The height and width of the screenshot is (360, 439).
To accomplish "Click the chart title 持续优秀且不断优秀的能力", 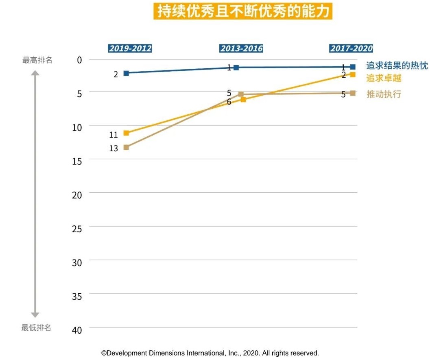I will click(x=242, y=12).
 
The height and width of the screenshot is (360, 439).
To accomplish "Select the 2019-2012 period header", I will click(x=130, y=49).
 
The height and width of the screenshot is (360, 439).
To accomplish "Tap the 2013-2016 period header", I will click(x=242, y=49).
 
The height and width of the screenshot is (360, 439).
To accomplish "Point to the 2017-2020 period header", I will click(x=351, y=49).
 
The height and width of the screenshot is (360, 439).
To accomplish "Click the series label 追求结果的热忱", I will click(x=397, y=65).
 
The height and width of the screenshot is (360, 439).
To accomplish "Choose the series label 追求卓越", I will click(x=384, y=78).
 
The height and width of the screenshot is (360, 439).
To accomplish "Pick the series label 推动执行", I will click(x=384, y=94).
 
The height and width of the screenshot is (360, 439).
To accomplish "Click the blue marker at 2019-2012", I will click(x=126, y=73).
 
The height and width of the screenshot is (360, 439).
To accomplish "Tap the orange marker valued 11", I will click(x=126, y=133).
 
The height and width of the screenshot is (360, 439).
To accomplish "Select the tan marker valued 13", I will click(x=126, y=147).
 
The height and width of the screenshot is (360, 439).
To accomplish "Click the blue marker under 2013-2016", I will click(x=236, y=68).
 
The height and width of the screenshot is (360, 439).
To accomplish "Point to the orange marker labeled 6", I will click(x=243, y=99).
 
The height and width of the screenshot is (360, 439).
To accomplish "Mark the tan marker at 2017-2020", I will click(x=353, y=93).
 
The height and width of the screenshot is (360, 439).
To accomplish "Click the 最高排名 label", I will click(x=37, y=60).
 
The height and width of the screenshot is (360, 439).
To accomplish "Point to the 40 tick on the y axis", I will click(x=77, y=330).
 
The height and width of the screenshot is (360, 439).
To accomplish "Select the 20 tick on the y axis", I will click(x=77, y=195).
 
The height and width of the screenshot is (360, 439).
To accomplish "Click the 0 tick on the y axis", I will click(x=79, y=60).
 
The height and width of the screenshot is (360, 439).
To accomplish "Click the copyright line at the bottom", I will click(x=210, y=353).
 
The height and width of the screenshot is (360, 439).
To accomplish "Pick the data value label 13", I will click(x=114, y=148).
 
